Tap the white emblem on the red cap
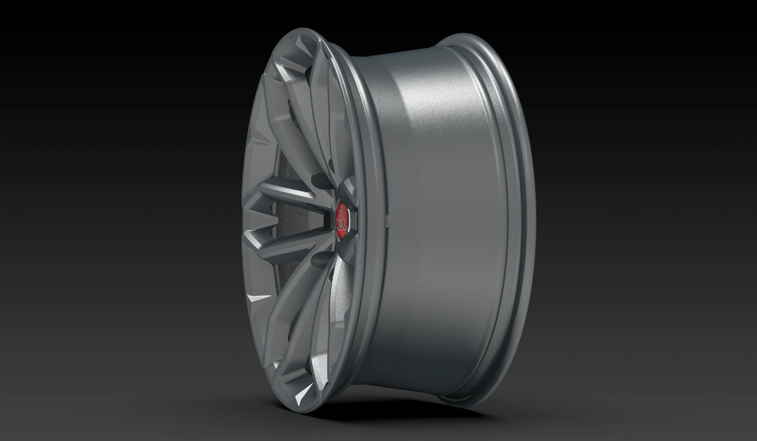[x=342, y=220]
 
